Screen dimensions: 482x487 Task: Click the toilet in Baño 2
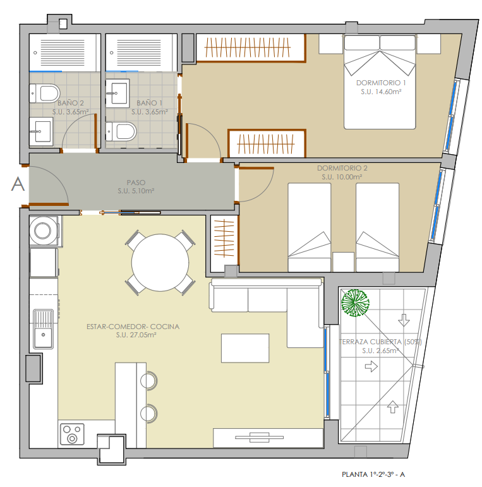pyautogui.click(x=45, y=93)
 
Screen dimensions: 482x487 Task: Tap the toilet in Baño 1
pyautogui.click(x=121, y=131)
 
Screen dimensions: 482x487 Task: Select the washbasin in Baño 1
pyautogui.click(x=117, y=93)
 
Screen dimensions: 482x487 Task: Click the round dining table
pyautogui.click(x=160, y=262)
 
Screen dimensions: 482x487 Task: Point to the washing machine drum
pyautogui.click(x=42, y=231)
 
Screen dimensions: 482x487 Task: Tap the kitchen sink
pyautogui.click(x=43, y=329)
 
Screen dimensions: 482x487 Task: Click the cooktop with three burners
pyautogui.click(x=72, y=434)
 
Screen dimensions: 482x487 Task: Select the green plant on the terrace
pyautogui.click(x=355, y=303)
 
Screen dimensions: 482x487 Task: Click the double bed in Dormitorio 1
pyautogui.click(x=380, y=82)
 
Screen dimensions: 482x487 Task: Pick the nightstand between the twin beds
pyautogui.click(x=343, y=262)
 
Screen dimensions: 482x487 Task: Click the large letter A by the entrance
pyautogui.click(x=18, y=184)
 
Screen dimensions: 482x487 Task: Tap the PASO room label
pyautogui.click(x=136, y=183)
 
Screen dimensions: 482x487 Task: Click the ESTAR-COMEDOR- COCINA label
pyautogui.click(x=133, y=327)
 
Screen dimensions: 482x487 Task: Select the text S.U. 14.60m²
pyautogui.click(x=381, y=92)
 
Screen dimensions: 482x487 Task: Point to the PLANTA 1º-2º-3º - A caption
pyautogui.click(x=373, y=474)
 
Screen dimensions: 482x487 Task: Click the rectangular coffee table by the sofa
pyautogui.click(x=245, y=348)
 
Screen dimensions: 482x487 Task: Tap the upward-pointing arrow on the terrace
pyautogui.click(x=392, y=407)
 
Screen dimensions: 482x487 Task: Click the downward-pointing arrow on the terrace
pyautogui.click(x=404, y=320)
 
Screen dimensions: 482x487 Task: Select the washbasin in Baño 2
pyautogui.click(x=41, y=131)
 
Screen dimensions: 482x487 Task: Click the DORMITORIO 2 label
pyautogui.click(x=342, y=168)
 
